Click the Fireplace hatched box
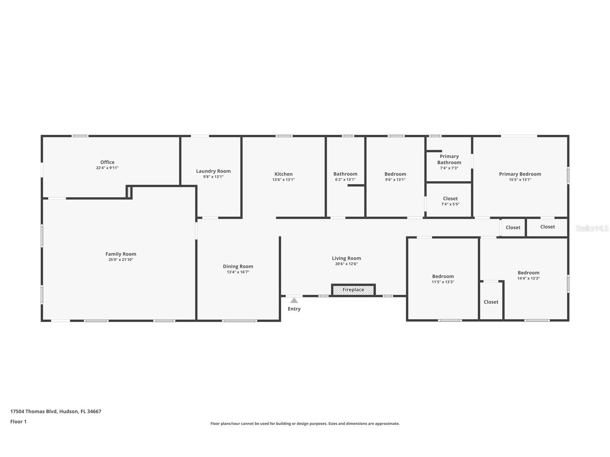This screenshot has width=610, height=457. pos(353,290)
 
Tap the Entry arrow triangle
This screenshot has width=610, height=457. pos(294,300)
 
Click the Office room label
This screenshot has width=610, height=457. pos(107,162)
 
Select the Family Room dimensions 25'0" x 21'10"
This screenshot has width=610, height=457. pos(121,260)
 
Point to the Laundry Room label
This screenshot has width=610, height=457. pos(213,171)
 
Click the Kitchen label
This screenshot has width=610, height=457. pos(283,174)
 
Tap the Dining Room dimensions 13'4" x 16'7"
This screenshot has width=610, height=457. pos(238,272)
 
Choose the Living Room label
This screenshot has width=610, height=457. pos(346,258)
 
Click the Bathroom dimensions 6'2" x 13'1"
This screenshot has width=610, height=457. pos(345,180)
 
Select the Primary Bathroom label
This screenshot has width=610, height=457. pos(449,159)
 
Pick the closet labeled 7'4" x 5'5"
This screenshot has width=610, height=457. pos(450,201)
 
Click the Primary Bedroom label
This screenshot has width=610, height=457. pos(520,174)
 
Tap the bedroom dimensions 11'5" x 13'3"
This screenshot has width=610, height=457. pos(443,282)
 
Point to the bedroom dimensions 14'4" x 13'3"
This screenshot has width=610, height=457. pos(528,278)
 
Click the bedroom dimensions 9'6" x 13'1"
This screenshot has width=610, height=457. pos(395,180)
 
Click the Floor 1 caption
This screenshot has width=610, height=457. pos(18,421)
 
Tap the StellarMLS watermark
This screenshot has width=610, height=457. pos(592,228)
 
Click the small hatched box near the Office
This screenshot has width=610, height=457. pos(129,191)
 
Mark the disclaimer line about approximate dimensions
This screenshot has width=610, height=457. pos(305,424)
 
